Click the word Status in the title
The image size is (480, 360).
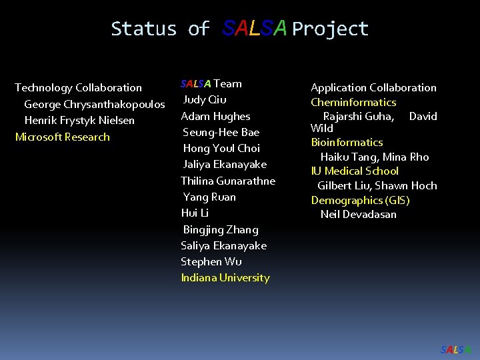point(144,29)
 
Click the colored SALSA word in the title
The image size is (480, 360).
point(255,28)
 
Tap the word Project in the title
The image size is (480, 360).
point(330,29)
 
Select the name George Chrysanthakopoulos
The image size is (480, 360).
point(95,104)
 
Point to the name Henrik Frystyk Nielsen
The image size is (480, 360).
point(79,121)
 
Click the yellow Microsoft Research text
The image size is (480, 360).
point(62,137)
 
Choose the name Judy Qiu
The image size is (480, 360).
point(205,100)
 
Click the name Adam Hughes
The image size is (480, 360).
point(216,116)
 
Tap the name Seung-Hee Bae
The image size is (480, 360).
point(221,132)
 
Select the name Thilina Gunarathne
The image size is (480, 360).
point(228,181)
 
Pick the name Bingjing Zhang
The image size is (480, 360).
point(221,229)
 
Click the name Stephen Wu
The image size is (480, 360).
point(211,261)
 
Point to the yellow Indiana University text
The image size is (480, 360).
point(225,277)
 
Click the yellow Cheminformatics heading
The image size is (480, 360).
point(353,102)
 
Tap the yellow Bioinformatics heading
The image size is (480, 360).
point(347,142)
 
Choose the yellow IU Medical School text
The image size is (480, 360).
point(355,171)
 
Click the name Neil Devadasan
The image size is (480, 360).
point(359,214)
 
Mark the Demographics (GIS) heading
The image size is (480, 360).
point(360,200)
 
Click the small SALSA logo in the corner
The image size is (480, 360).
point(456,349)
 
